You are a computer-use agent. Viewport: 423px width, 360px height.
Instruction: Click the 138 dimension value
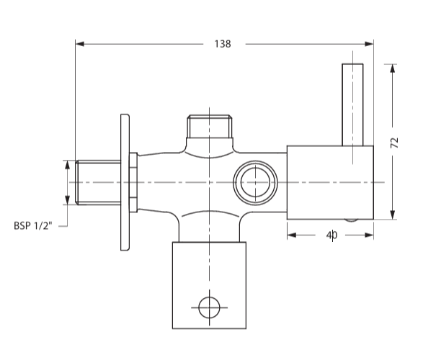223,44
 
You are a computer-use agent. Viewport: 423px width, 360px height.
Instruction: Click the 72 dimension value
394,142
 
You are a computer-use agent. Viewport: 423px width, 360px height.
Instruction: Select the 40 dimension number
331,235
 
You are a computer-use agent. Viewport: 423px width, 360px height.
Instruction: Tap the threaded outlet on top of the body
209,129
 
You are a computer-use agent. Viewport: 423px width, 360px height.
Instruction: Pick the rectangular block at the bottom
209,284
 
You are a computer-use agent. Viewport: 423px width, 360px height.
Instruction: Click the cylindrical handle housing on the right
330,181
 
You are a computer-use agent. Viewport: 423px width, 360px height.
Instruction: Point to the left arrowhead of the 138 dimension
80,44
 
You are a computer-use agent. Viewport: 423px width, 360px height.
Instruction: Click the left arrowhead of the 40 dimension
291,234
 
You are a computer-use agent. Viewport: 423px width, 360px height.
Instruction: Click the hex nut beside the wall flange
133,182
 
